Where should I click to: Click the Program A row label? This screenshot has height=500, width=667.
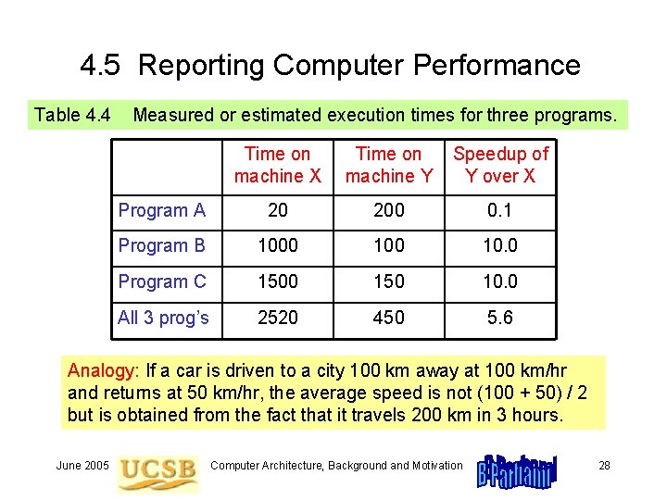(x=161, y=210)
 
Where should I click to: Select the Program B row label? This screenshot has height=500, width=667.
(x=161, y=245)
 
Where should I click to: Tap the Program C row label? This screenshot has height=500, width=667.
(x=161, y=281)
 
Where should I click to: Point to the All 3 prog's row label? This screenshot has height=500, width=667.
(x=163, y=318)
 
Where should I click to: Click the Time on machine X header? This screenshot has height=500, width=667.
(x=277, y=165)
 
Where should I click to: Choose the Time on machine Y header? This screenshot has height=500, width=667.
(x=388, y=165)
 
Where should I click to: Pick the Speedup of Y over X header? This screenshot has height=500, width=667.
(x=500, y=165)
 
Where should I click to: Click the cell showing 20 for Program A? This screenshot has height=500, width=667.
(x=277, y=210)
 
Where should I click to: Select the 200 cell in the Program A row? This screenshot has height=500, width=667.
(x=388, y=210)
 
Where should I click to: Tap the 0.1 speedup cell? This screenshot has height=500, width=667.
(x=500, y=210)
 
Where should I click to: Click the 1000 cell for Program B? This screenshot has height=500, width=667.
(x=277, y=245)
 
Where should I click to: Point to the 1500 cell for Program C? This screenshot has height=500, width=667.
(x=277, y=281)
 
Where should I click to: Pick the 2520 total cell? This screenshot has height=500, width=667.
(x=277, y=318)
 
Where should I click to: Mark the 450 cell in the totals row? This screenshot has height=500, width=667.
(x=388, y=318)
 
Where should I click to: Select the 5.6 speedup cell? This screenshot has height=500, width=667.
(x=500, y=318)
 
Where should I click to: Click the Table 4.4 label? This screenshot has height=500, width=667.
(x=72, y=115)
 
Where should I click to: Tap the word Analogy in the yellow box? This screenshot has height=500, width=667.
(x=101, y=370)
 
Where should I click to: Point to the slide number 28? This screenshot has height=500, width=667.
(x=604, y=465)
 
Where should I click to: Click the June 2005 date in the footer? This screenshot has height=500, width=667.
(x=82, y=465)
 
